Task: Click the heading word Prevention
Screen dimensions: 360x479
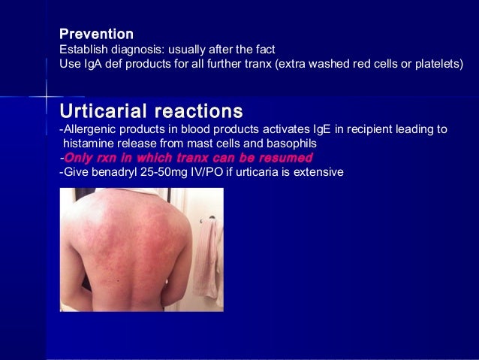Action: [97, 35]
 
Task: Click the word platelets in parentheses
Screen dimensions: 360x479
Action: [435, 65]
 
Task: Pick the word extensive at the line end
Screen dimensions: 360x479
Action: [318, 172]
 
